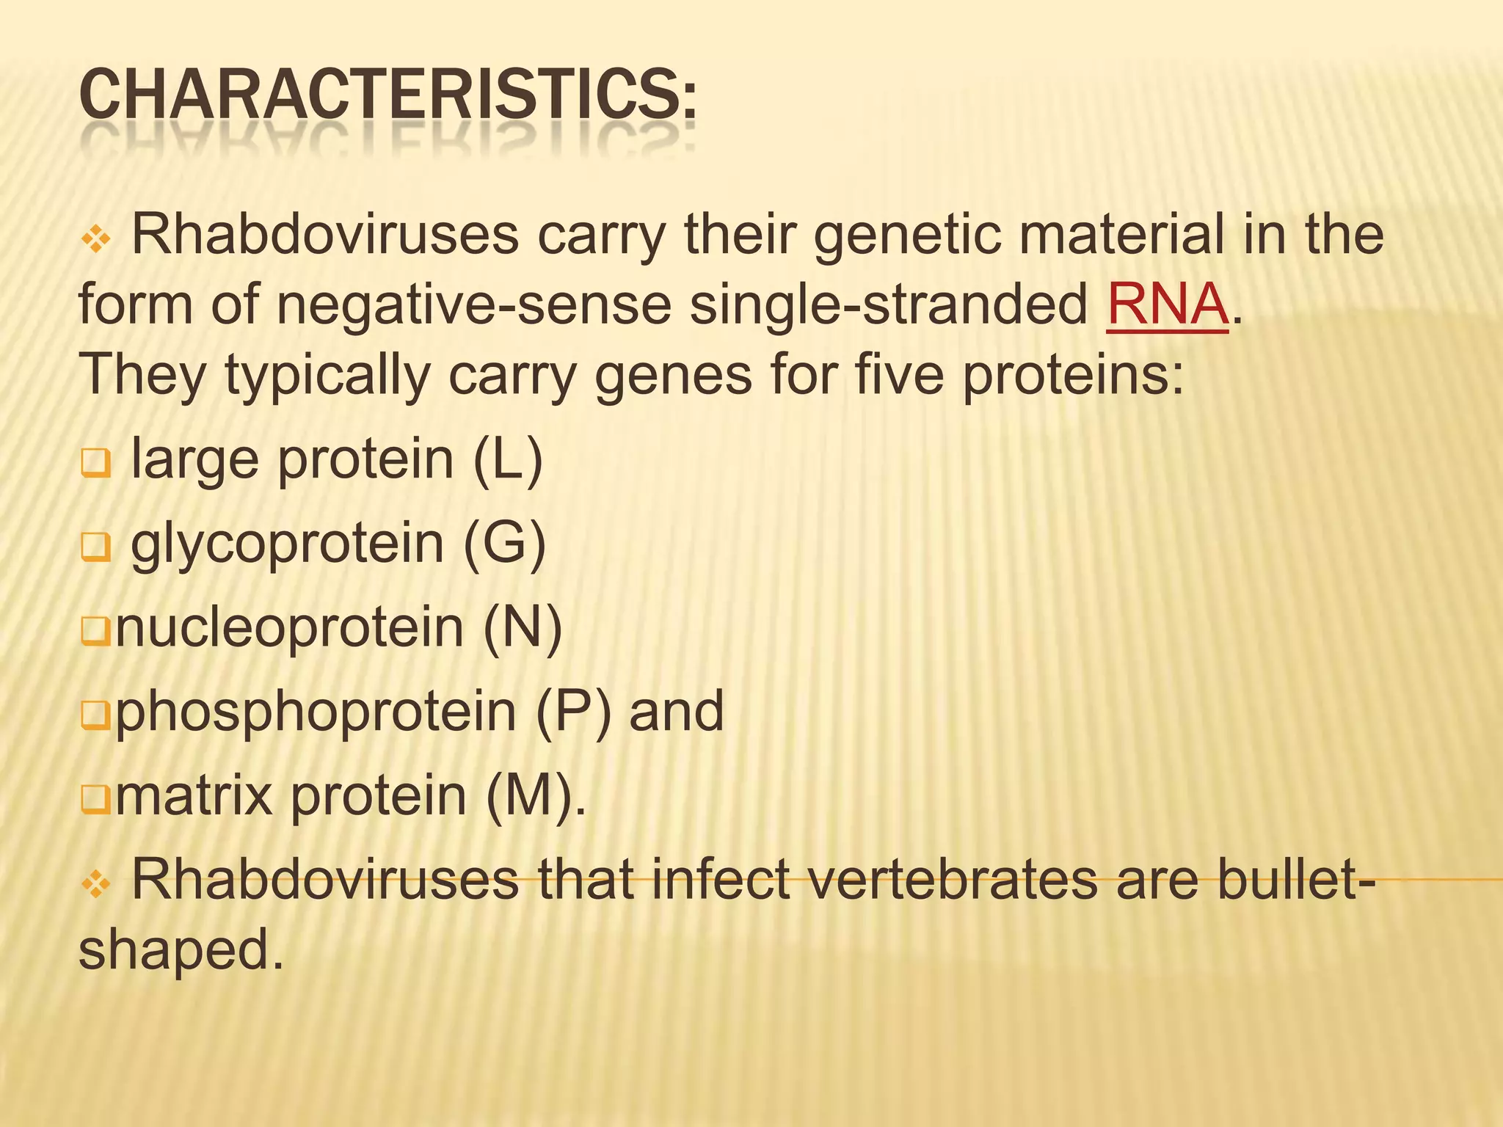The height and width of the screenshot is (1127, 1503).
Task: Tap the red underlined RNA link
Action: [1167, 304]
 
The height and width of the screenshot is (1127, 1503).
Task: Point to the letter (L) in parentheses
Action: [508, 459]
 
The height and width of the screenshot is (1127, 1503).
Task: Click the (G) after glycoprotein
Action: [504, 544]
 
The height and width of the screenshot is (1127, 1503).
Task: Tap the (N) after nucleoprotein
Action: [523, 627]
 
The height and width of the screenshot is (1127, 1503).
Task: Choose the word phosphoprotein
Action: [316, 711]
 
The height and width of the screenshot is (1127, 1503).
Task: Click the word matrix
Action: [194, 795]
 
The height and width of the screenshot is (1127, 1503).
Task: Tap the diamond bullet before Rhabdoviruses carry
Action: [95, 238]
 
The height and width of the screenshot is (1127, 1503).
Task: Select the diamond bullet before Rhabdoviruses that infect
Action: [95, 885]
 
